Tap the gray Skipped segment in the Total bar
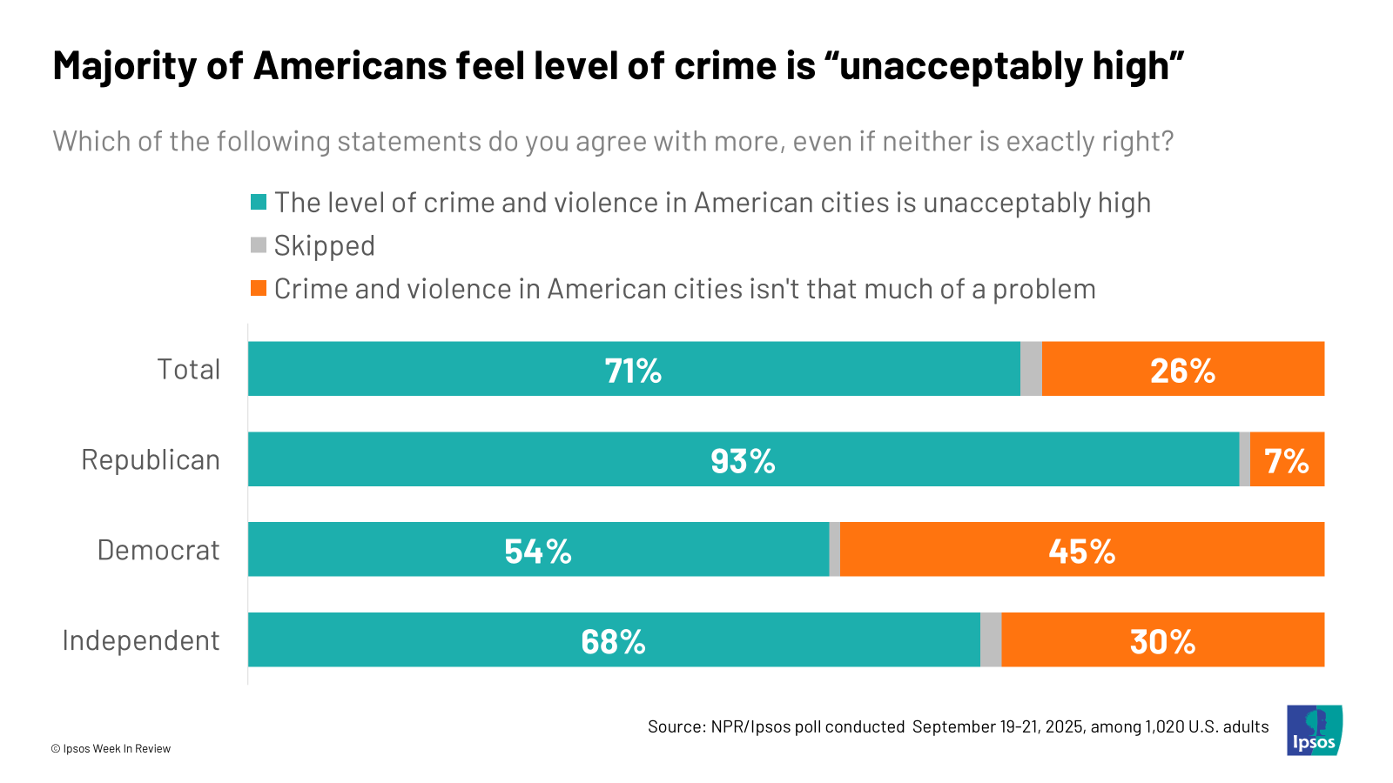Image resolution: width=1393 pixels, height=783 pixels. coord(1031,369)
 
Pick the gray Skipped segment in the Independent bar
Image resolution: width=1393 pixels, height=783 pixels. coord(991,640)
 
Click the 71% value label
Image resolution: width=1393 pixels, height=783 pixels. coord(633,371)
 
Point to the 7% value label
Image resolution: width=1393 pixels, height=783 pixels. coord(1287,461)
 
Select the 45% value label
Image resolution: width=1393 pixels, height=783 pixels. coord(1081,552)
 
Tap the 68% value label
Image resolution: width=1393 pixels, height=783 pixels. coord(613,642)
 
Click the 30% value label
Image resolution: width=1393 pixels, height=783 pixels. coord(1162,642)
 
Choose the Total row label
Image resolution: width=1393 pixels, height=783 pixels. coord(188,370)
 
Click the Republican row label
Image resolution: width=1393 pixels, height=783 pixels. coord(151,460)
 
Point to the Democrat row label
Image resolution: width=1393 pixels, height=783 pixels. coord(158,551)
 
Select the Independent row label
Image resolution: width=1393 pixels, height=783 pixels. coord(141,641)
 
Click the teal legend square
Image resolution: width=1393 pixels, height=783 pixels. coord(259,203)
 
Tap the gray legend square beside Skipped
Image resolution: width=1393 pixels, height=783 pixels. coord(259,245)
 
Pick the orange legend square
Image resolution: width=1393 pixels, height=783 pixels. coord(259,289)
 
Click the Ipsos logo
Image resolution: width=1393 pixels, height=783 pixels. coord(1314,731)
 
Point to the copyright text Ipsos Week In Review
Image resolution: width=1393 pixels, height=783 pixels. coord(111,749)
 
